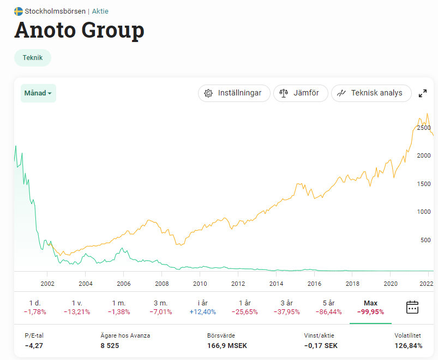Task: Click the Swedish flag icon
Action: coord(19,11)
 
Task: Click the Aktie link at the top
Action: coord(100,11)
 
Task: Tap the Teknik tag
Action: coord(33,58)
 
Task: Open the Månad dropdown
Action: coord(38,93)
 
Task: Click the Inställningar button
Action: coord(233,93)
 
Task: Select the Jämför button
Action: coord(301,93)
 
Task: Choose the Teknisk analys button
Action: coord(370,93)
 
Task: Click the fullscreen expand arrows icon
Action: coord(423,93)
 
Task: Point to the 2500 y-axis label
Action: coord(424,128)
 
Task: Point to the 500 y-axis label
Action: coord(425,240)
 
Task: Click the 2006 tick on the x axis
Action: coord(124,284)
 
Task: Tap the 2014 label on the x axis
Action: coord(276,284)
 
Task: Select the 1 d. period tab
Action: coord(34,307)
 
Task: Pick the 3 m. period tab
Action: coord(161,307)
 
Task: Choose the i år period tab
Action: coord(202,307)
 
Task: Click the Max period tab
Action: coord(370,307)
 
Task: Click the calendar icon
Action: coord(412,307)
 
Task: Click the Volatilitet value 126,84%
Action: coord(407,345)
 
